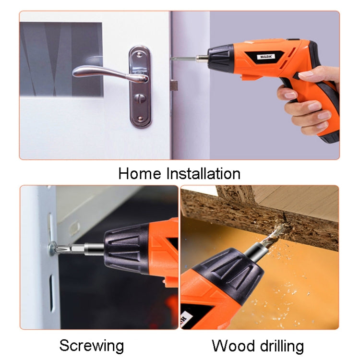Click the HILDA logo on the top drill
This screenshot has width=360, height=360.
click(266, 56)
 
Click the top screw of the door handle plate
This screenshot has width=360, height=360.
click(140, 55)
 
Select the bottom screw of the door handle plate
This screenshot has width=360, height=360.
click(140, 119)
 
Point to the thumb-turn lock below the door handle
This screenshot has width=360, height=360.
click(140, 98)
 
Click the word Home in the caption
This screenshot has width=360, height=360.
click(139, 174)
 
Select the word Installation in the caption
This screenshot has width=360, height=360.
click(204, 174)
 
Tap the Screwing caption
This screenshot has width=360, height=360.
click(92, 346)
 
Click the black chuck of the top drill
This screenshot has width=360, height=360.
click(220, 57)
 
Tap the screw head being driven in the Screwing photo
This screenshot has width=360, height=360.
click(52, 249)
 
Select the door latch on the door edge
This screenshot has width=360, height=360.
click(174, 85)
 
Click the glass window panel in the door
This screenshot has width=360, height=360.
click(61, 59)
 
